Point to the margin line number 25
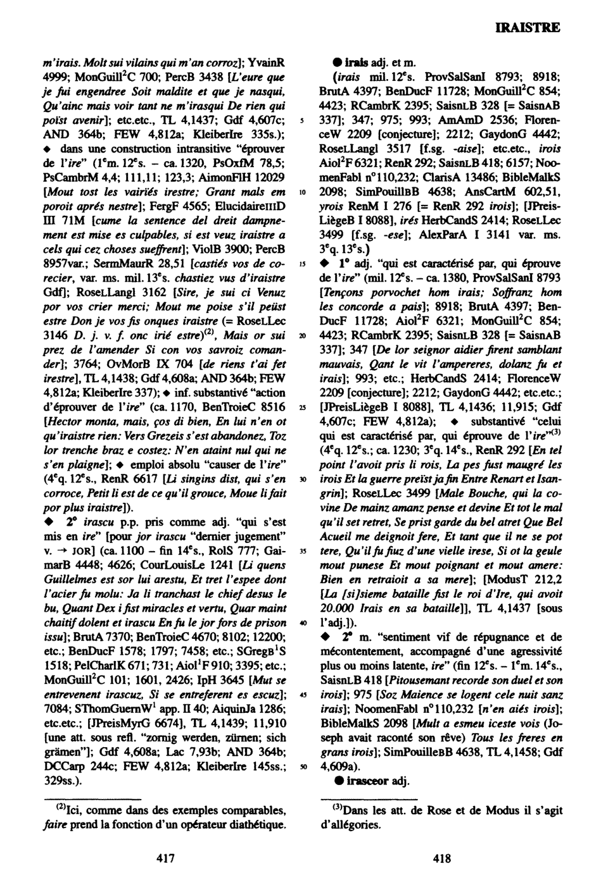coord(304,408)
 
